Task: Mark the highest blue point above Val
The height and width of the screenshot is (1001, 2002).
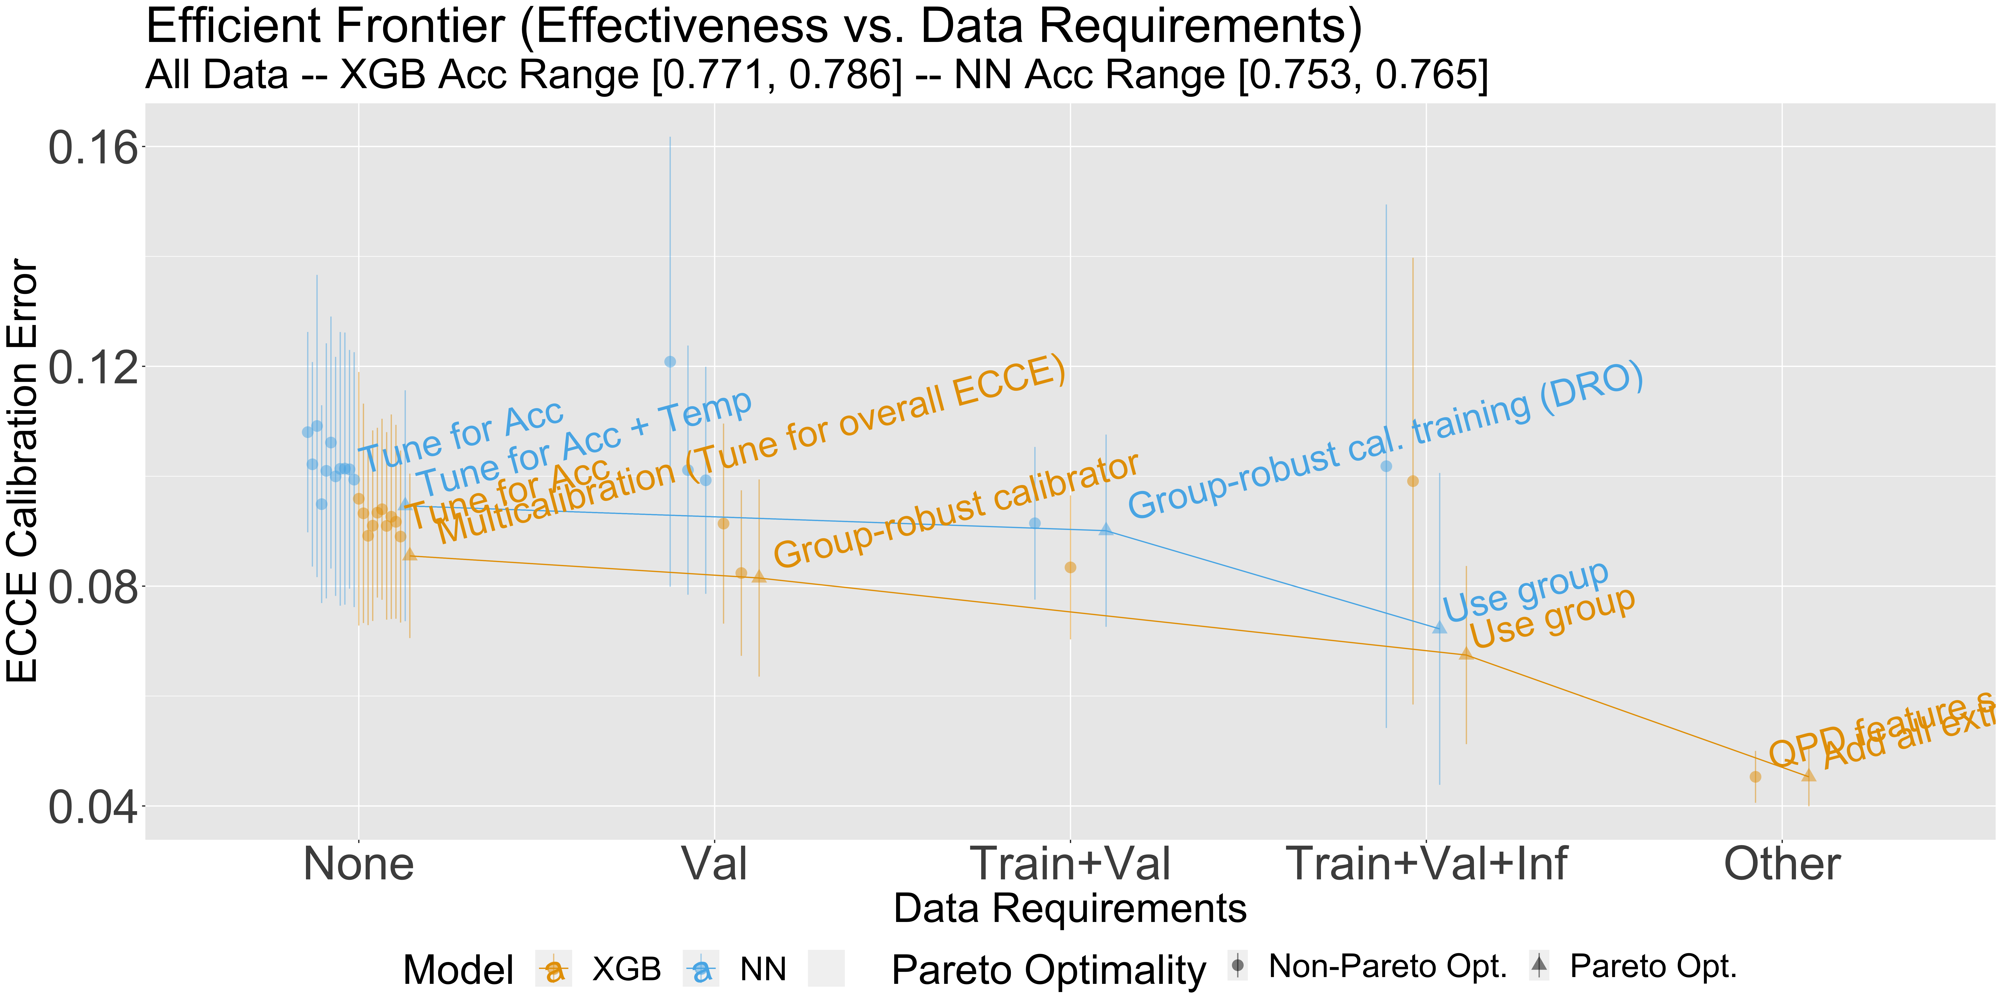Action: [670, 361]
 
